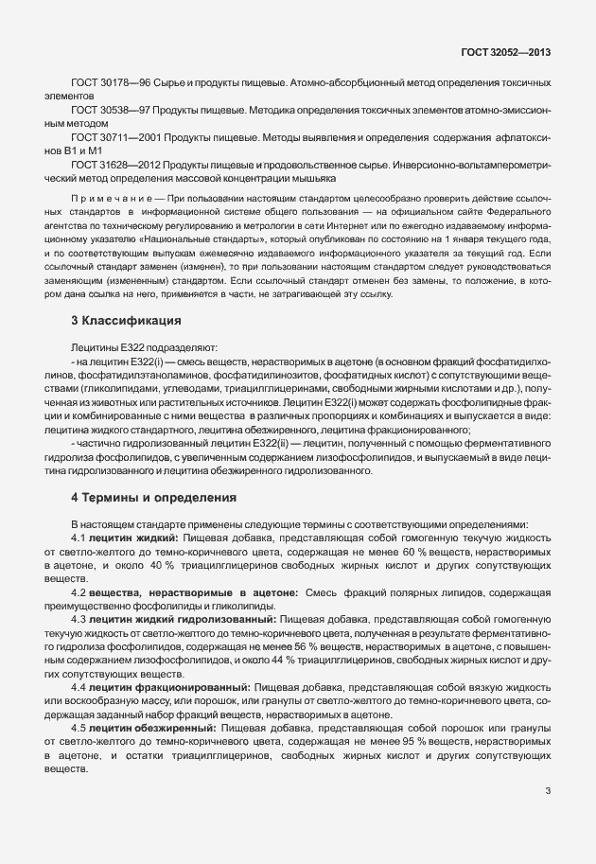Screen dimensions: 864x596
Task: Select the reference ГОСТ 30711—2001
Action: [110, 139]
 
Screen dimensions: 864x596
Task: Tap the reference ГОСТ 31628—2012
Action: [110, 166]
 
